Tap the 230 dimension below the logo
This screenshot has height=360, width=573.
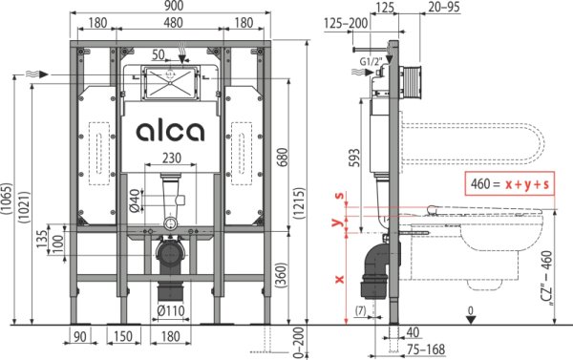(x=172, y=158)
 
